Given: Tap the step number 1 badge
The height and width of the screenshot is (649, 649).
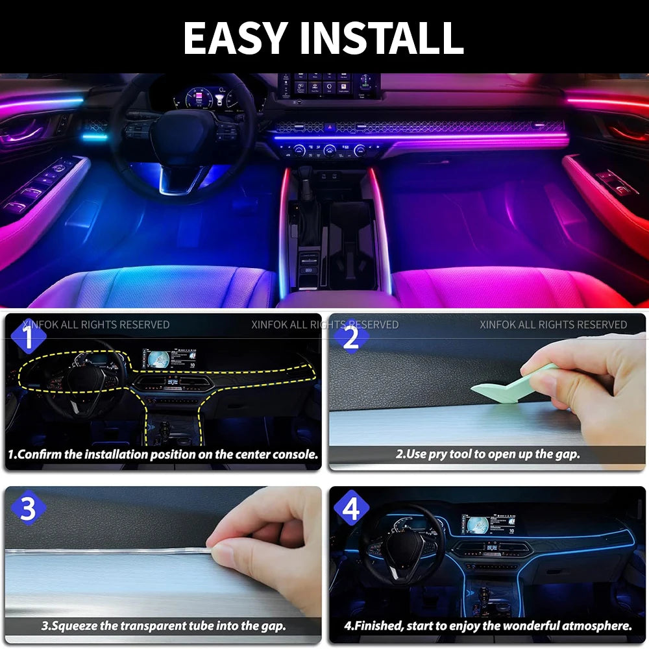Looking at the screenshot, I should coord(27,337).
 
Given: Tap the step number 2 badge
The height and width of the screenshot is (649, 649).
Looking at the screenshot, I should coord(351,337).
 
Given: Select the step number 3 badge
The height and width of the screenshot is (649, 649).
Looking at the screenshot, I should coord(27,509).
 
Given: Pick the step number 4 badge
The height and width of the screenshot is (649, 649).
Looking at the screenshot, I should coord(351,509).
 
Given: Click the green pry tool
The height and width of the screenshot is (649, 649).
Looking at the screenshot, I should coord(513,386).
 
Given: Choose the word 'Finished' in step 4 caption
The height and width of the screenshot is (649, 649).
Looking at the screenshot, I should coord(380,626).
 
